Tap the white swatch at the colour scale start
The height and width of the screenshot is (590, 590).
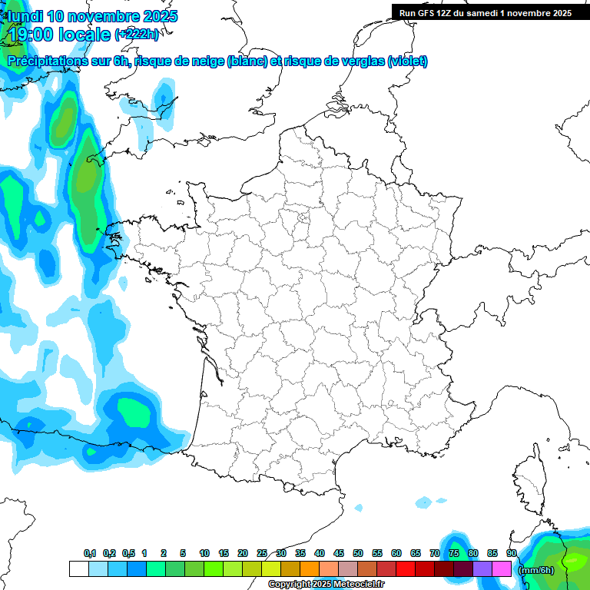[78, 568]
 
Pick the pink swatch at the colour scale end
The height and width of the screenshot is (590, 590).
[502, 568]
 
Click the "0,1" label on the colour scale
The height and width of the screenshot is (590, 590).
[90, 554]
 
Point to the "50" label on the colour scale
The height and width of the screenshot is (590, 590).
[357, 554]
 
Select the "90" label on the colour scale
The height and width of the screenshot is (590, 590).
[511, 554]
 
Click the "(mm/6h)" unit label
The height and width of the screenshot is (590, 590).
[536, 570]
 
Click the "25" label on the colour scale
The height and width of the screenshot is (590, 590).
[262, 554]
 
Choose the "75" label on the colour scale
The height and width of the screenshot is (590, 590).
[453, 554]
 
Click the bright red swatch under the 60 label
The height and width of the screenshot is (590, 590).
[406, 568]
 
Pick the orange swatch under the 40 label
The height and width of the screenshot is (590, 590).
[310, 568]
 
